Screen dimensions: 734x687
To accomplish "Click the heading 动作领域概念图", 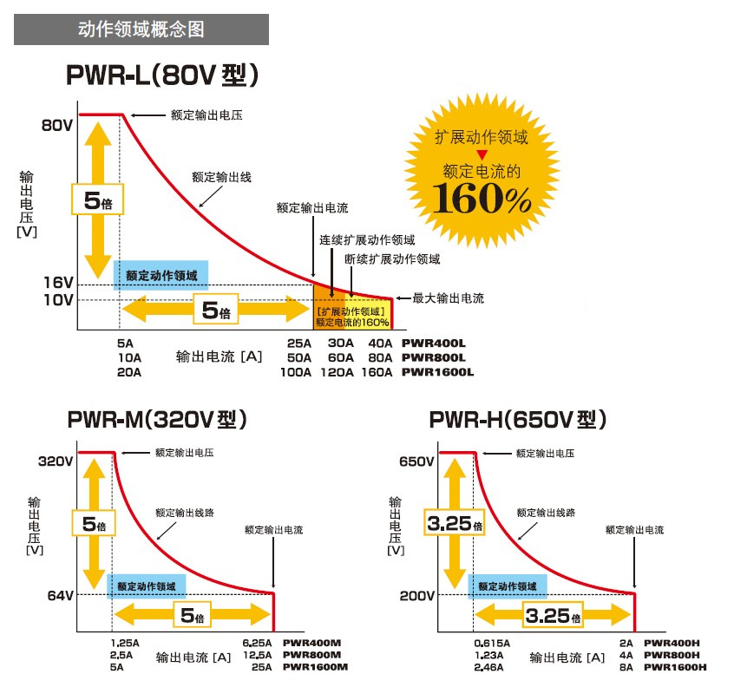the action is point(141,29).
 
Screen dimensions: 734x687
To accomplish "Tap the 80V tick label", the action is point(57,125).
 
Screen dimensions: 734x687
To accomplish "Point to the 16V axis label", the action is point(57,283).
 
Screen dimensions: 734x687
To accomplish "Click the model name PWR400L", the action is point(433,343).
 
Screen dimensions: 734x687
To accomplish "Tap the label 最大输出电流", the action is point(448,298).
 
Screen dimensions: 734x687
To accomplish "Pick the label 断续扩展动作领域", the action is point(392,258).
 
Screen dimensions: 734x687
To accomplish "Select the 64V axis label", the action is point(58,595).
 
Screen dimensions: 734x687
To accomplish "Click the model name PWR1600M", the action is point(315,667).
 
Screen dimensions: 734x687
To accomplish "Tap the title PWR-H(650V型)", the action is point(517,420).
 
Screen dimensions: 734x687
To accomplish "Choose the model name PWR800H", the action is point(673,655).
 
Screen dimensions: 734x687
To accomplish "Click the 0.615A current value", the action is point(492,643).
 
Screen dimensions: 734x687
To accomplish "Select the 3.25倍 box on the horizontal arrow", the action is point(553,617).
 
